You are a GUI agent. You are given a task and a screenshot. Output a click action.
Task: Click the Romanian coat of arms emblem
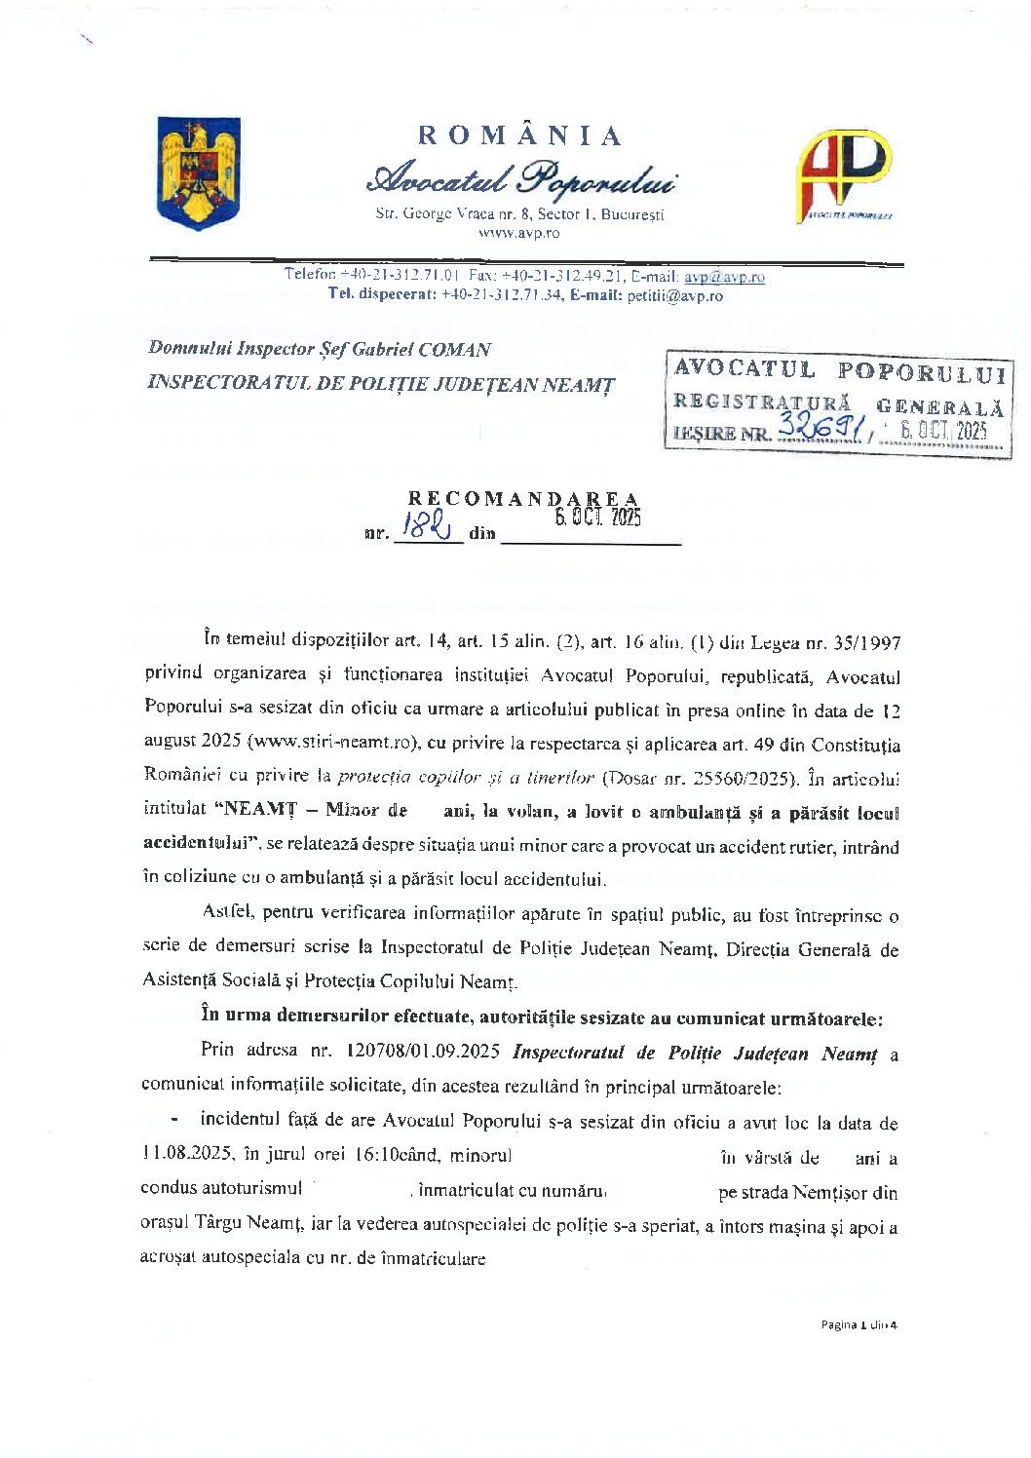(199, 172)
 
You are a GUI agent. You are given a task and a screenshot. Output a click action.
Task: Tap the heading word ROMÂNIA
(519, 135)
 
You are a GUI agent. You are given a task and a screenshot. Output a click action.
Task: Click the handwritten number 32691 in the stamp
(821, 427)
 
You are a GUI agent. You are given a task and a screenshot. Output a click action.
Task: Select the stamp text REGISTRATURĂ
(762, 402)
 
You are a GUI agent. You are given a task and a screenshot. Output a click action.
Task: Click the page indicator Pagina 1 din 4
(858, 1324)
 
